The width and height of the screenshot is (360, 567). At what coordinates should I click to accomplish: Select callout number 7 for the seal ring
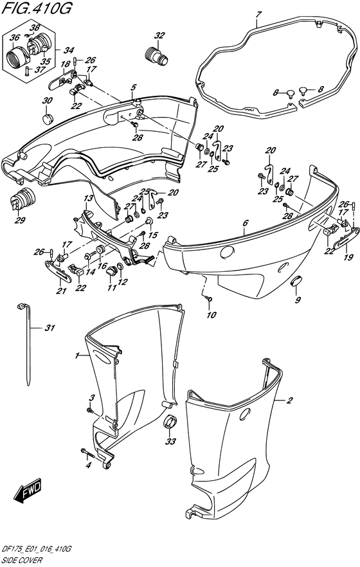[x=257, y=14]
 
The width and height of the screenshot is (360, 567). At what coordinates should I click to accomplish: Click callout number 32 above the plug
[x=159, y=35]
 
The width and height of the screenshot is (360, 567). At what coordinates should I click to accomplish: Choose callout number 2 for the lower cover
[x=289, y=401]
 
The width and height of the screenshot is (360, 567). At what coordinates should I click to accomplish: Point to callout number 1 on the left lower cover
[x=77, y=355]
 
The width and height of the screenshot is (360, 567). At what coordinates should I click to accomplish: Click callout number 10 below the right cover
[x=212, y=314]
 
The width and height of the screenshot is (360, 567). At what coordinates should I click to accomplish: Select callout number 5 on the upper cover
[x=133, y=87]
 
